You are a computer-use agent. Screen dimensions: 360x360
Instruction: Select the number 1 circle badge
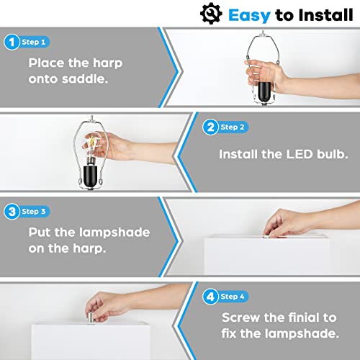point(11,42)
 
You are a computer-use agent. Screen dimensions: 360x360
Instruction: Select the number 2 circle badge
point(210,127)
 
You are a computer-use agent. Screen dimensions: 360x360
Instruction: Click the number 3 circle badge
point(11,212)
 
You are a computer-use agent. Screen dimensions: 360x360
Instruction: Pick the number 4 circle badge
point(210,296)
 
